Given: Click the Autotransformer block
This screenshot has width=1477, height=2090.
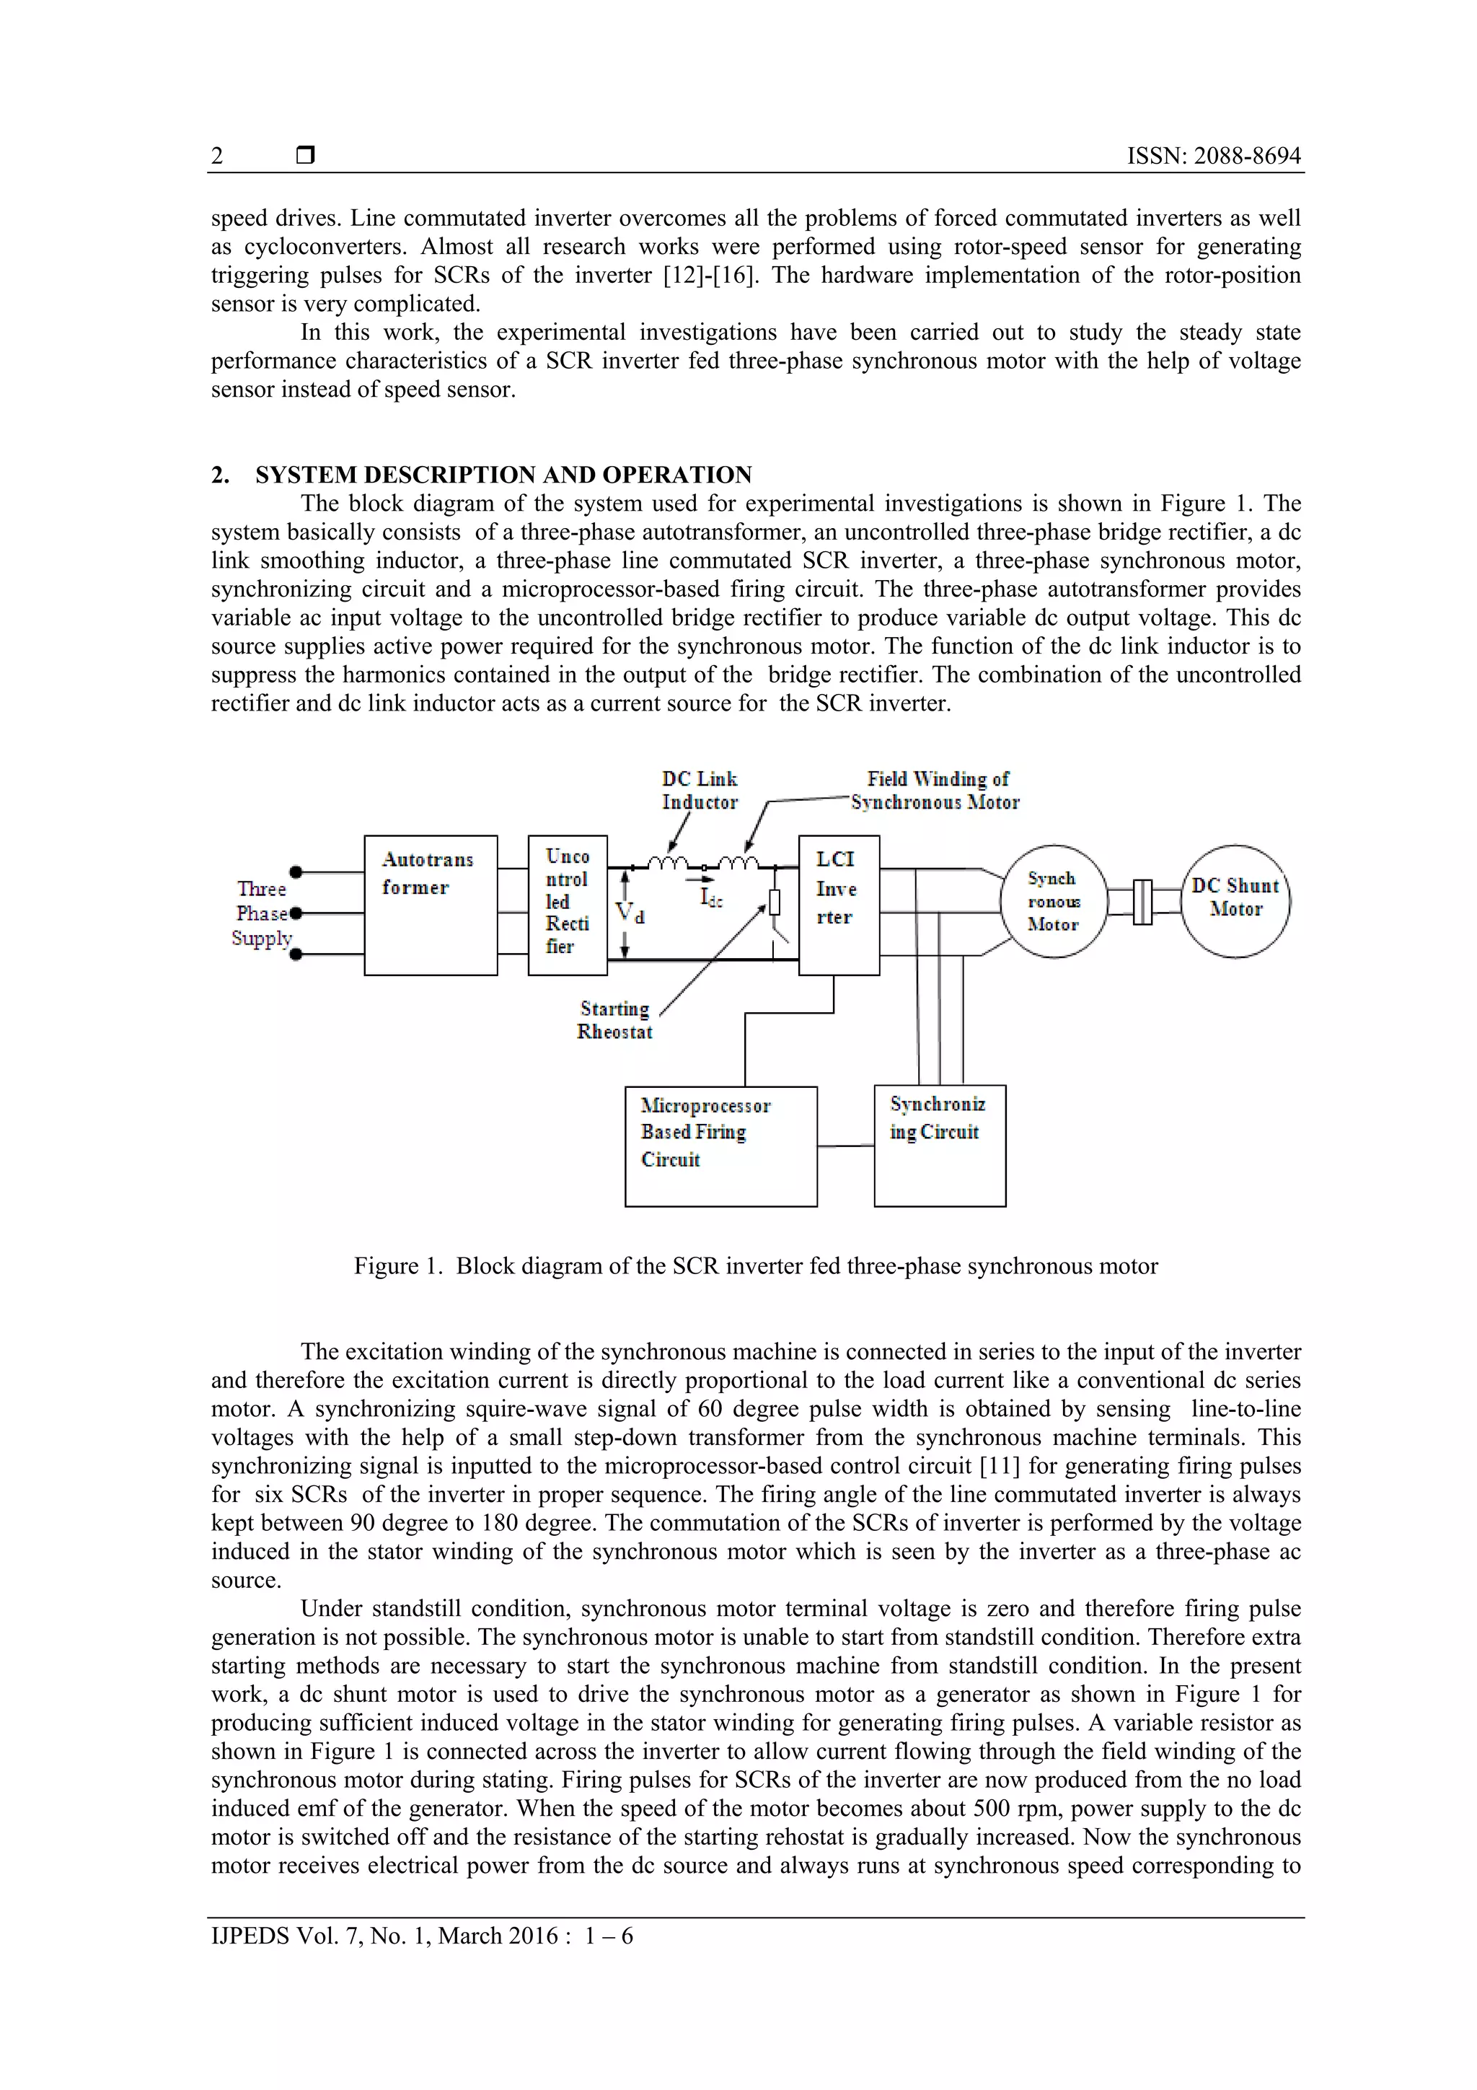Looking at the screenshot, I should pos(430,905).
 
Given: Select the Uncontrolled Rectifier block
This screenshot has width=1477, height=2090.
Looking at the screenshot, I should pos(567,905).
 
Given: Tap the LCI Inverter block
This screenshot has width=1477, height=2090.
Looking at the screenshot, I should pos(838,905).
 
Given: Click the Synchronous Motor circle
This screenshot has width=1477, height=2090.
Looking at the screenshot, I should pos(1053,901).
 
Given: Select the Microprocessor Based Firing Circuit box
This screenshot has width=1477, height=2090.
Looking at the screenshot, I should pos(720,1146).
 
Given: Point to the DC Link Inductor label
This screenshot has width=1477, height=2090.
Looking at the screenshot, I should pos(699,790).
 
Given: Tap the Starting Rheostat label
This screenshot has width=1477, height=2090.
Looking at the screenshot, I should pos(614,1019).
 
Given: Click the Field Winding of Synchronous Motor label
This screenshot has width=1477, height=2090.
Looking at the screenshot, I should pos(935,790).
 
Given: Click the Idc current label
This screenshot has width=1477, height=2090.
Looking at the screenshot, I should pos(711,897).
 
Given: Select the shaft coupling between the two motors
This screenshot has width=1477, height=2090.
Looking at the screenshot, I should pos(1143,902).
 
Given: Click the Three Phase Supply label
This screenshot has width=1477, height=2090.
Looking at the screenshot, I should pos(262,913).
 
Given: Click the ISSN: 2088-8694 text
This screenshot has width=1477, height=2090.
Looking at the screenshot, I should pos(1213,156).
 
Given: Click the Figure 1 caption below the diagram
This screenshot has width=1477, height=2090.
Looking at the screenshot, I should pos(755,1266).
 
